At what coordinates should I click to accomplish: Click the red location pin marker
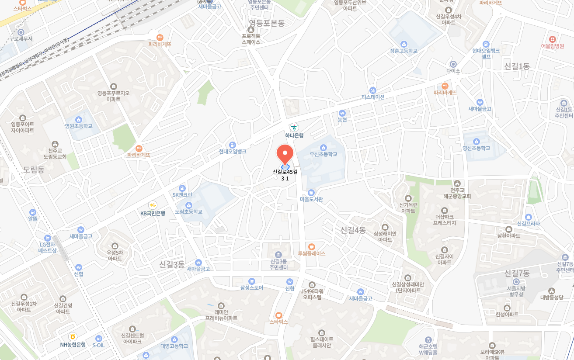[285, 155]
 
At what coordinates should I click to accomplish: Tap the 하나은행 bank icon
[294, 127]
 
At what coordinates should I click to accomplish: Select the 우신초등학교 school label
[324, 154]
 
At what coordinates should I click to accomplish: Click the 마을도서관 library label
[311, 199]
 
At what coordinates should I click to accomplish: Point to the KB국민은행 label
[153, 213]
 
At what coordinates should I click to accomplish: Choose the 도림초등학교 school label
[189, 211]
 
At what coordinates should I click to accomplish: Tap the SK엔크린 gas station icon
[182, 188]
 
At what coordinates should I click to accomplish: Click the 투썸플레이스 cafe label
[312, 253]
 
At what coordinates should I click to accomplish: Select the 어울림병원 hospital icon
[552, 39]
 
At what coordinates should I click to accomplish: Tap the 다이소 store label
[453, 71]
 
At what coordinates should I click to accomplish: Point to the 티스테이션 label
[373, 97]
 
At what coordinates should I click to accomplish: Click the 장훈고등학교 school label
[404, 51]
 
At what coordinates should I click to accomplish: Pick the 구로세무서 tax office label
[21, 38]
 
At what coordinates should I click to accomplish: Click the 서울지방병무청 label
[516, 291]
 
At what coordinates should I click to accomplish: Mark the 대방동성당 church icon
[552, 291]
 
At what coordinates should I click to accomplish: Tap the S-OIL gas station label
[98, 345]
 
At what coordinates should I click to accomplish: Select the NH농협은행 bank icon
[73, 336]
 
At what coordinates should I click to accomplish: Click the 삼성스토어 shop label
[251, 287]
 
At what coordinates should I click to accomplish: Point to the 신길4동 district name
[353, 230]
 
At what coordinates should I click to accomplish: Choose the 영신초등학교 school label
[477, 148]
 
